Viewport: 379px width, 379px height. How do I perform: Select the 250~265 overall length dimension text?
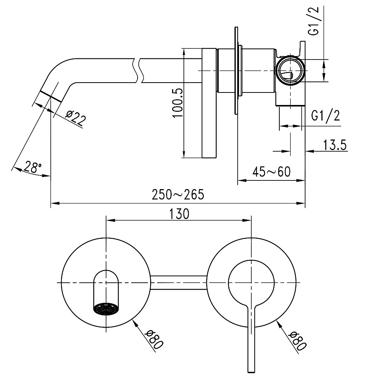(178, 194)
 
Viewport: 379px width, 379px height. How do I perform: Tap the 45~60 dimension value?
(271, 172)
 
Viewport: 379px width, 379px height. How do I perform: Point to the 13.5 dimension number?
(335, 145)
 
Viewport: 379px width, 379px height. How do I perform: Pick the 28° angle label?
(32, 167)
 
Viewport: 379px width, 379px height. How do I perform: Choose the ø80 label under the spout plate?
(155, 338)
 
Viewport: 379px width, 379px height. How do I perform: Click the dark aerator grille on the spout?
(106, 308)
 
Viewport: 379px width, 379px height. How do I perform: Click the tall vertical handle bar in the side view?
(209, 103)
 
